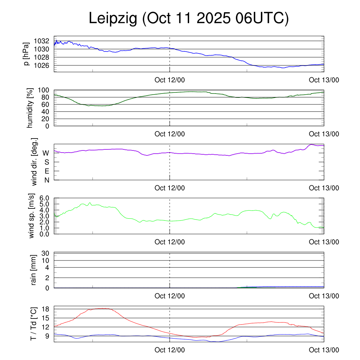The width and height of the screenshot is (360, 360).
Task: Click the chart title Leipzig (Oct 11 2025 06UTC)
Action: pos(189,18)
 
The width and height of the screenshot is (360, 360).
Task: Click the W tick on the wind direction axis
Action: pos(46,153)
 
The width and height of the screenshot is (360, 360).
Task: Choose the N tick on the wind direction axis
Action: pos(46,180)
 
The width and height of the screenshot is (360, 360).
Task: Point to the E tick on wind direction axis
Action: pos(46,171)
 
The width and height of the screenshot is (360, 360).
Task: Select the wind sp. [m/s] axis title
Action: pos(32,216)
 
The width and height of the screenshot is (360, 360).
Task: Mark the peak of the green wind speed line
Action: pos(90,203)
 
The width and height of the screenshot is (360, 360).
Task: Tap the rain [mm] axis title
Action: pos(34,270)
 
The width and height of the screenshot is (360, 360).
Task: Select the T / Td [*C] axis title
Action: pos(34,323)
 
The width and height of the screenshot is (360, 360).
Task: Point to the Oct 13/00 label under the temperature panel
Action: pos(324,350)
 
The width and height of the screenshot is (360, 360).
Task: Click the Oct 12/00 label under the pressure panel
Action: pos(169,80)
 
